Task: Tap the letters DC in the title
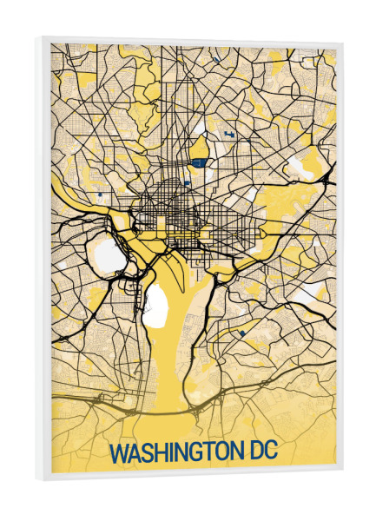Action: click(x=264, y=452)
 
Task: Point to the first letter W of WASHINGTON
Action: click(x=118, y=454)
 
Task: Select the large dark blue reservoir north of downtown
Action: click(x=199, y=161)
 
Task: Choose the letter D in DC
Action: click(x=254, y=452)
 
